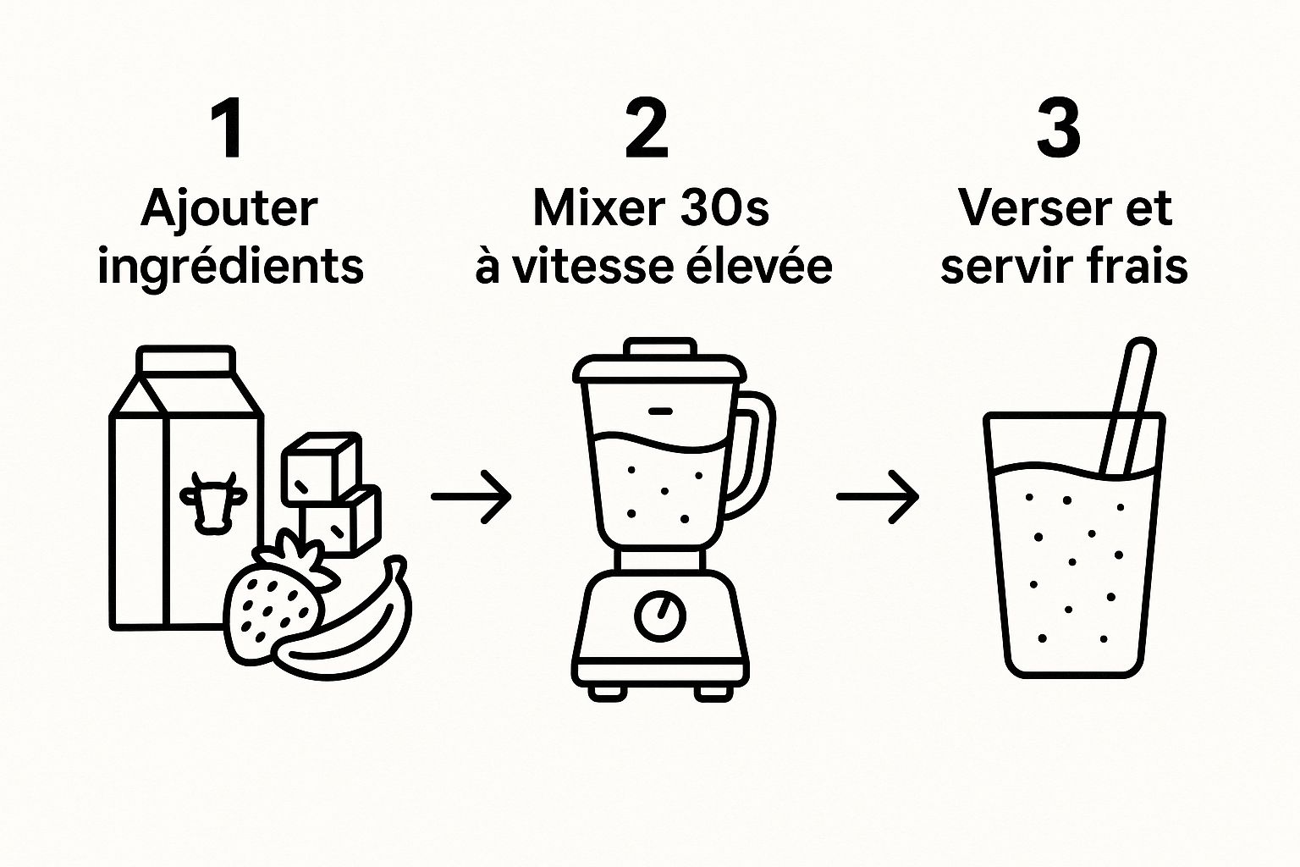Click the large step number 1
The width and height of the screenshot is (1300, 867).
229,129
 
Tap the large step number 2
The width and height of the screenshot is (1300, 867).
647,129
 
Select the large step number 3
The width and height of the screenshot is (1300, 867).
1059,129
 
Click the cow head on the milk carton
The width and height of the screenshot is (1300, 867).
212,502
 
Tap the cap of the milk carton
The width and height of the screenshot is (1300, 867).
185,360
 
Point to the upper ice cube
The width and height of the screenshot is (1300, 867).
322,468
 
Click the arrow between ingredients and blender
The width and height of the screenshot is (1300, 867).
471,496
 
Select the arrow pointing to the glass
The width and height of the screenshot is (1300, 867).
877,496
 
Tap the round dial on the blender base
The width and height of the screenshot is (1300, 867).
660,616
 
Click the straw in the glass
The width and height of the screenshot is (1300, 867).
1127,406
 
